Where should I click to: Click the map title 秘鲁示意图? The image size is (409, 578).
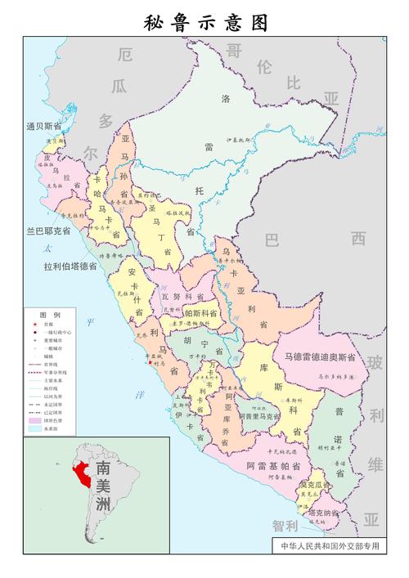[x=205, y=22]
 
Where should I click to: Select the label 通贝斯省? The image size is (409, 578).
[x=43, y=126]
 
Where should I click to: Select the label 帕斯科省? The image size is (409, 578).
[x=200, y=312]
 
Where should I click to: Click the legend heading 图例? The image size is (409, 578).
[x=50, y=315]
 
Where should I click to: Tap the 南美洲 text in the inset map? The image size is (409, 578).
[x=103, y=487]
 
